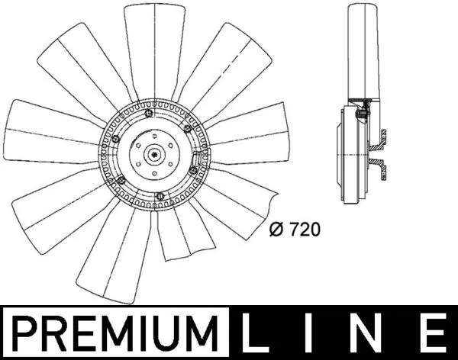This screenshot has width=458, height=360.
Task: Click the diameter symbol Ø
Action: pos(278,227)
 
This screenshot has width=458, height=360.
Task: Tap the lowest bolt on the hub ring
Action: pos(159,196)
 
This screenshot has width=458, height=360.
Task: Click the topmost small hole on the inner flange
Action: pos(157,138)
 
